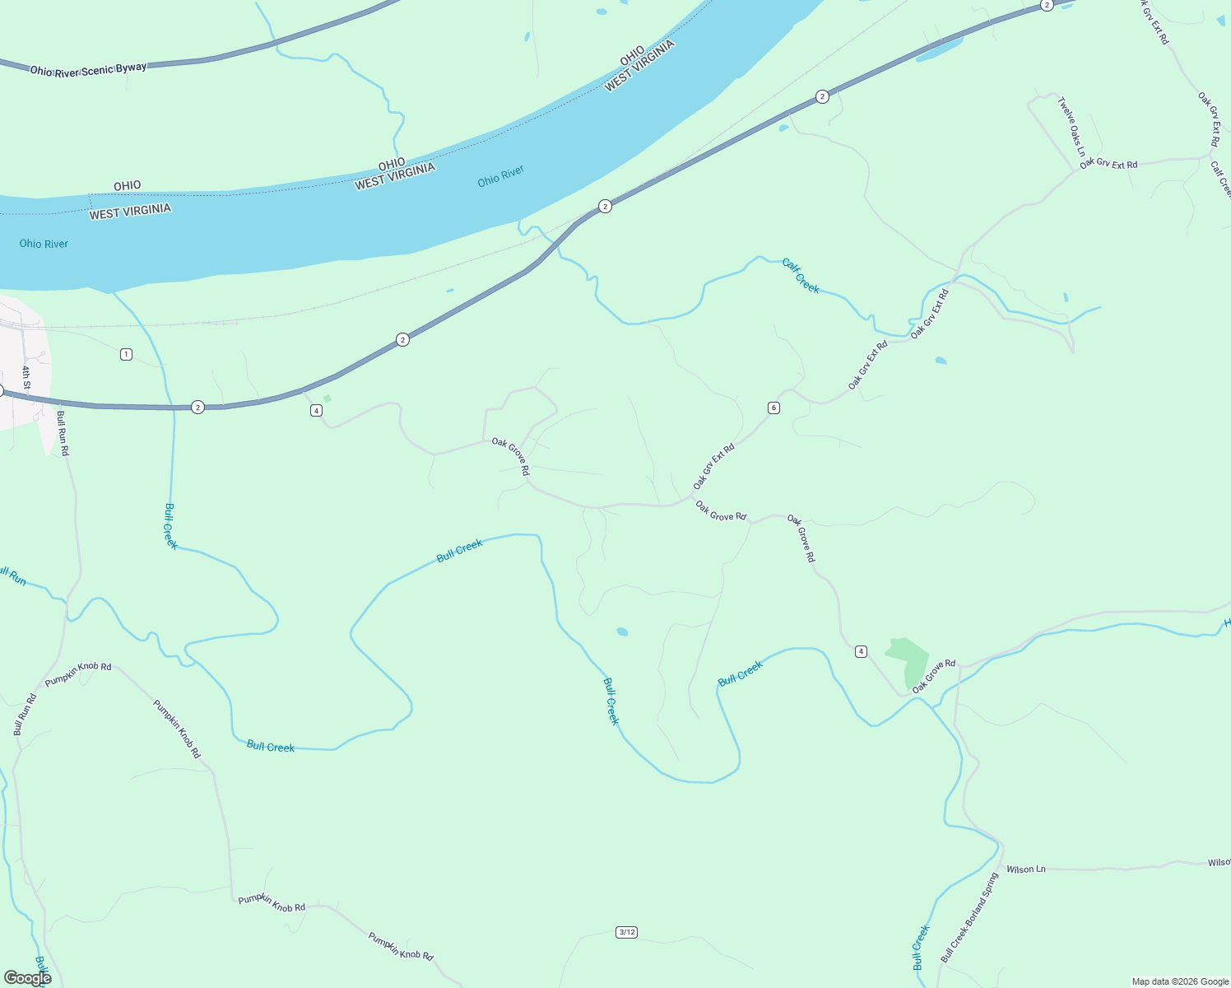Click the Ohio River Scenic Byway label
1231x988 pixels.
pos(88,70)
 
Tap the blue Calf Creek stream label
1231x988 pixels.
pos(801,276)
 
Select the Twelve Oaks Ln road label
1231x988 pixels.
pos(1071,128)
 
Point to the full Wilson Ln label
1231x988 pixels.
pos(1025,869)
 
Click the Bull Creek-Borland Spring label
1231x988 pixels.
pos(969,919)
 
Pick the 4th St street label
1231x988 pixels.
pos(26,378)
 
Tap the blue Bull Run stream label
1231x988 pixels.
pos(12,576)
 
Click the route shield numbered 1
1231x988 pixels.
pos(126,354)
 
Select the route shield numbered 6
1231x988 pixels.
pos(773,408)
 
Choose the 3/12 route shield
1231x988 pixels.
pos(626,932)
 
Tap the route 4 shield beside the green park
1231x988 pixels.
pos(861,651)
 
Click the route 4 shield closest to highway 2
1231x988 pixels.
pos(316,410)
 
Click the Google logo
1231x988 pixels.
pos(27,977)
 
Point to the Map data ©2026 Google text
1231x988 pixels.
pos(1179,981)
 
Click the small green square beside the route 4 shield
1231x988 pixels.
pos(327,398)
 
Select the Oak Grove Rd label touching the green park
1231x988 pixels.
pos(934,675)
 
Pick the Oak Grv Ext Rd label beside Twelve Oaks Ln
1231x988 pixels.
pos(1108,165)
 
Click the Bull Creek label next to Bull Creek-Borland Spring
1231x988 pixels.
pos(921,947)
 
